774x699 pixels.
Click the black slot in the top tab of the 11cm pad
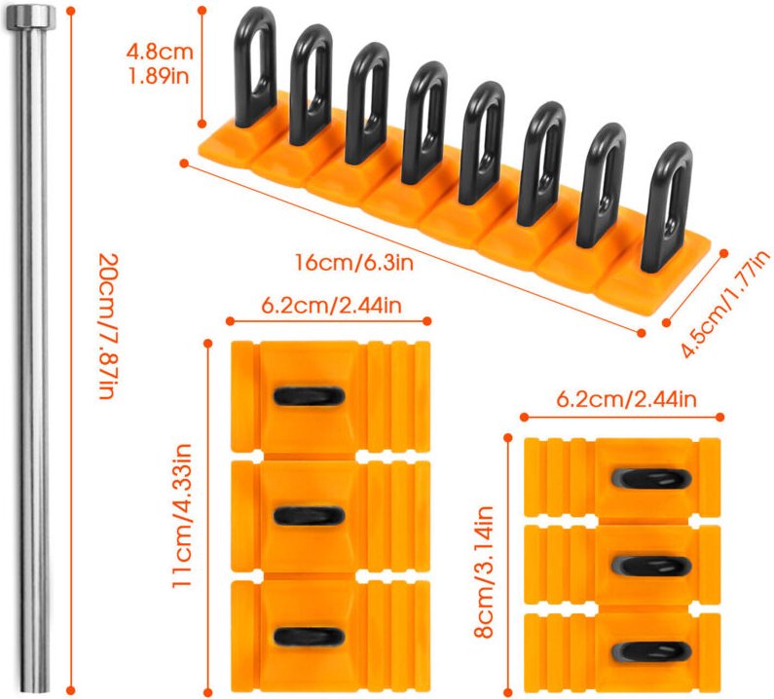click(308, 395)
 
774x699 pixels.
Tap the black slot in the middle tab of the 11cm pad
click(308, 516)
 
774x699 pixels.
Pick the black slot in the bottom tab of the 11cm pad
click(308, 637)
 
